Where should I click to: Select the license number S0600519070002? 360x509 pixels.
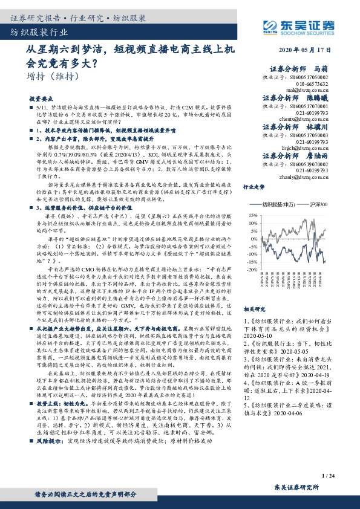tap(304, 164)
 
